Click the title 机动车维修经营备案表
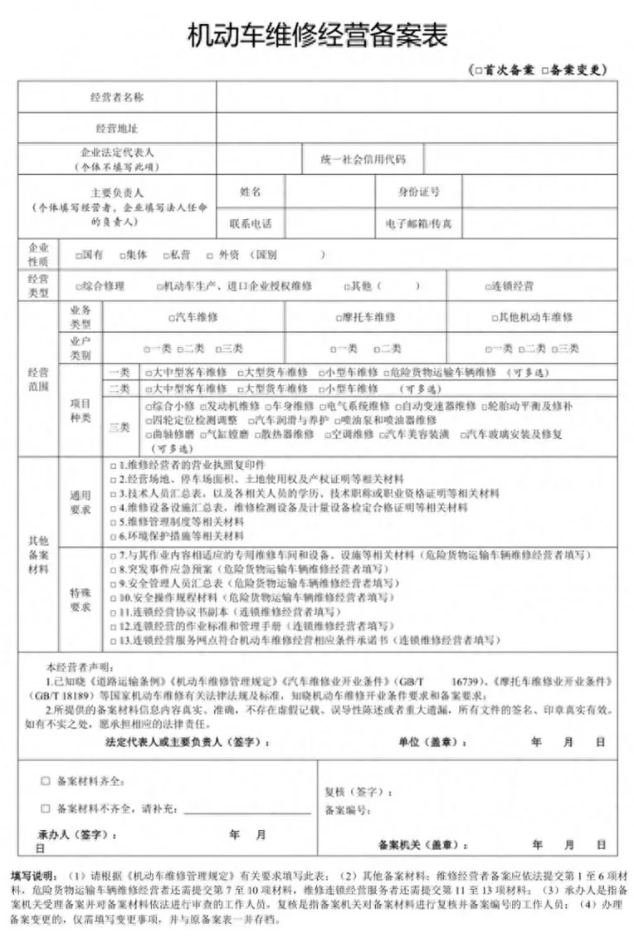318,36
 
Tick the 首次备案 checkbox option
501,71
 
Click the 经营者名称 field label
117,98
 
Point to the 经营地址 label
117,128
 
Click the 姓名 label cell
251,192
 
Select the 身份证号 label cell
419,192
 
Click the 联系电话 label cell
251,223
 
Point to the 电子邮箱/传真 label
419,223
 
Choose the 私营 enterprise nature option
176,255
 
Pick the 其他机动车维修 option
532,317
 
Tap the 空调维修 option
354,434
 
